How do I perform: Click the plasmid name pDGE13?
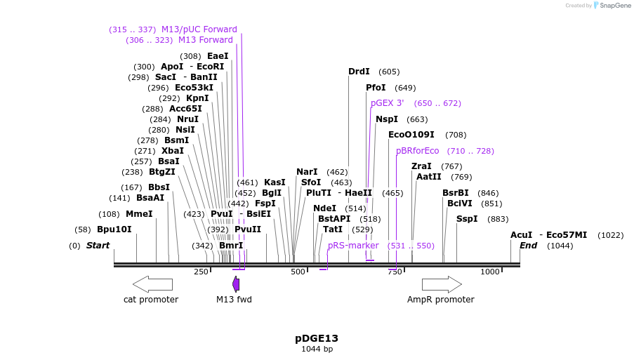point(317,338)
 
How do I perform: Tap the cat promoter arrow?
point(152,284)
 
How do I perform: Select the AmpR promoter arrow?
point(442,284)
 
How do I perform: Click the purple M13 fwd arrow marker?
point(236,284)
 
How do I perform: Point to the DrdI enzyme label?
point(359,72)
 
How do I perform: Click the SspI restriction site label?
point(467,219)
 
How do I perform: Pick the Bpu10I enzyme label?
point(114,229)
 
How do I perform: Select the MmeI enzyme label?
point(139,214)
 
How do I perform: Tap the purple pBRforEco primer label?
point(417,151)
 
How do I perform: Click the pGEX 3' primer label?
point(388,103)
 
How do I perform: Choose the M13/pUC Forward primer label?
point(199,29)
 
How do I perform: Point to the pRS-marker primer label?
point(353,246)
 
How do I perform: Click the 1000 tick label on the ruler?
point(489,272)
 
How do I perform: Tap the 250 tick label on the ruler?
point(201,272)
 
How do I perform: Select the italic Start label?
point(98,246)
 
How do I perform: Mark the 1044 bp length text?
point(317,349)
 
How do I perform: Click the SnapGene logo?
point(610,6)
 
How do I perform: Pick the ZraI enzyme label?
point(421,166)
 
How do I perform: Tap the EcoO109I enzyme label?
point(411,135)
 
